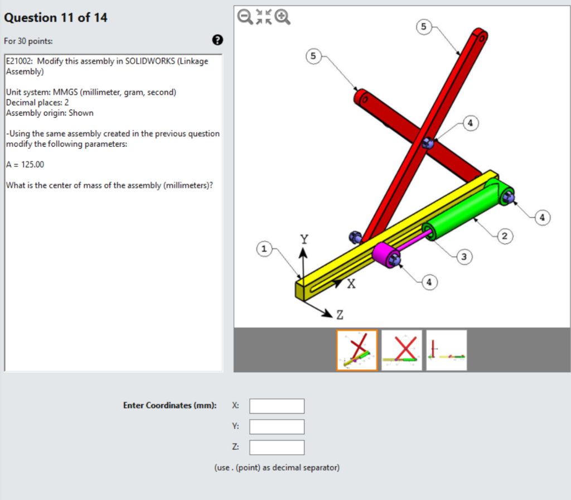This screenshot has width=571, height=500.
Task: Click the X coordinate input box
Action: point(277,406)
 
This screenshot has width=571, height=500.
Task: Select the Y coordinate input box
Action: point(277,426)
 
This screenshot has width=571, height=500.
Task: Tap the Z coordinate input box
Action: point(277,447)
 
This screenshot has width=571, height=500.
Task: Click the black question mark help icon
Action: point(217,40)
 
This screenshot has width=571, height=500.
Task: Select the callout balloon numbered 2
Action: point(505,237)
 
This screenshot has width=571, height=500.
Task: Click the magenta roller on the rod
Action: point(383,254)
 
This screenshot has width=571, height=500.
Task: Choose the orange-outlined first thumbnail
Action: point(357,350)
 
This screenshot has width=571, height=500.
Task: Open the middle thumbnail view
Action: point(401,350)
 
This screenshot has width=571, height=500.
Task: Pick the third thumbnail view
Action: point(447,350)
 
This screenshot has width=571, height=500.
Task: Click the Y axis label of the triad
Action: point(304,239)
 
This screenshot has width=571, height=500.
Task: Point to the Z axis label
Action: point(340,315)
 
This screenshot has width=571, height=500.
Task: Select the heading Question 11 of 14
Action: point(56,18)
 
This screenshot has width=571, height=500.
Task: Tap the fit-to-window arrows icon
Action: point(264,17)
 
